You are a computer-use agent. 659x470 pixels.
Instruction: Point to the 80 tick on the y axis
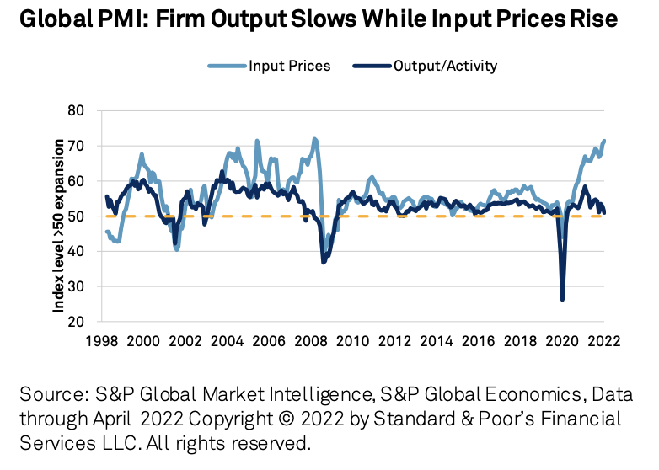pos(78,110)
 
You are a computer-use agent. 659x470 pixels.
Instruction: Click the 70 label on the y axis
pos(78,146)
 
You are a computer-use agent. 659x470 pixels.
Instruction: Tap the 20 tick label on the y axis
pos(78,322)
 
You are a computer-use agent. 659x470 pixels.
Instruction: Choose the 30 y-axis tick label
pos(78,286)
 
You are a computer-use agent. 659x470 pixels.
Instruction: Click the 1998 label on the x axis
pos(99,342)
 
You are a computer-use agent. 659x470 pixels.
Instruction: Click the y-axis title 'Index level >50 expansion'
pos(60,216)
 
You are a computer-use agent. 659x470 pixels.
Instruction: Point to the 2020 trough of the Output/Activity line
pos(562,299)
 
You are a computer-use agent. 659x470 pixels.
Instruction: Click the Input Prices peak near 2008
pos(314,139)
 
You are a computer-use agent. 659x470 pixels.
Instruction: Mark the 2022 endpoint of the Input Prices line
pos(604,141)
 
